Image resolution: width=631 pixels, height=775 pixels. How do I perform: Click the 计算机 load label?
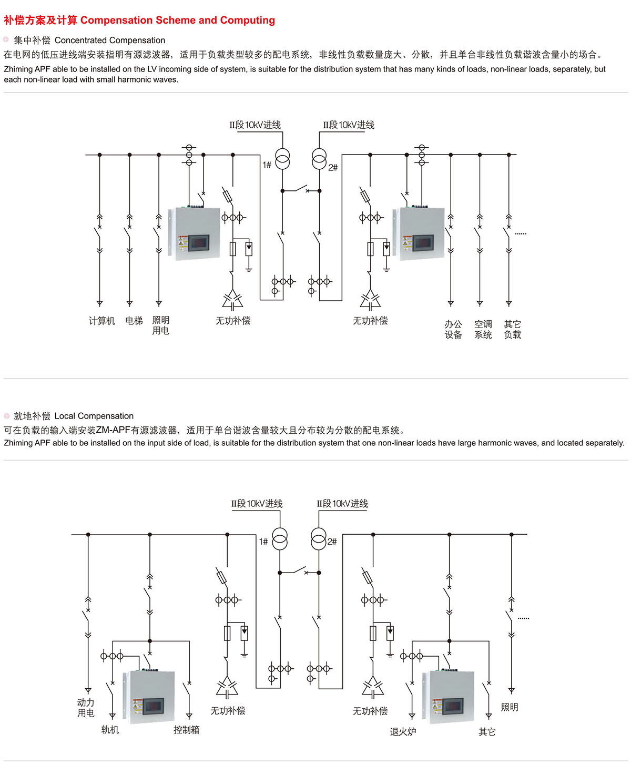[x=101, y=321]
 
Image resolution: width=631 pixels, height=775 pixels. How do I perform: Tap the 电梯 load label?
[x=134, y=321]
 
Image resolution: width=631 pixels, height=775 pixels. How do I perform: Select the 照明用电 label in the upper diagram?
[x=160, y=325]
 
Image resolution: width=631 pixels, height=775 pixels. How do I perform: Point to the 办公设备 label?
[x=453, y=329]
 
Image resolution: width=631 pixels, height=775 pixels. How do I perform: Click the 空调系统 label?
[x=483, y=329]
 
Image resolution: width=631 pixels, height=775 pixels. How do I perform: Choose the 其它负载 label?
[x=512, y=329]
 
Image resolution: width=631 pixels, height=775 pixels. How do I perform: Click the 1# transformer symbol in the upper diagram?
[x=282, y=159]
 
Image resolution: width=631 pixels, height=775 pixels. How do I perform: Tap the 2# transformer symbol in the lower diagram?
[x=319, y=539]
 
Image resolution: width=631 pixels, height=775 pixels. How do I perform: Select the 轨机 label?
[x=110, y=729]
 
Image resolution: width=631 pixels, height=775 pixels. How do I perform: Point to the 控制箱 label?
[x=186, y=729]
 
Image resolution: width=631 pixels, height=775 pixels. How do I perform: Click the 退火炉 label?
[x=403, y=732]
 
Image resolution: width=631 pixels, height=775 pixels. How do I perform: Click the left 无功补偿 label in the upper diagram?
[x=233, y=321]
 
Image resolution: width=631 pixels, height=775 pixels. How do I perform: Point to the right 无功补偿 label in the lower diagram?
[x=370, y=711]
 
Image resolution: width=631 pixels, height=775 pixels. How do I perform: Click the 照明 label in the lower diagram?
[x=510, y=707]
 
